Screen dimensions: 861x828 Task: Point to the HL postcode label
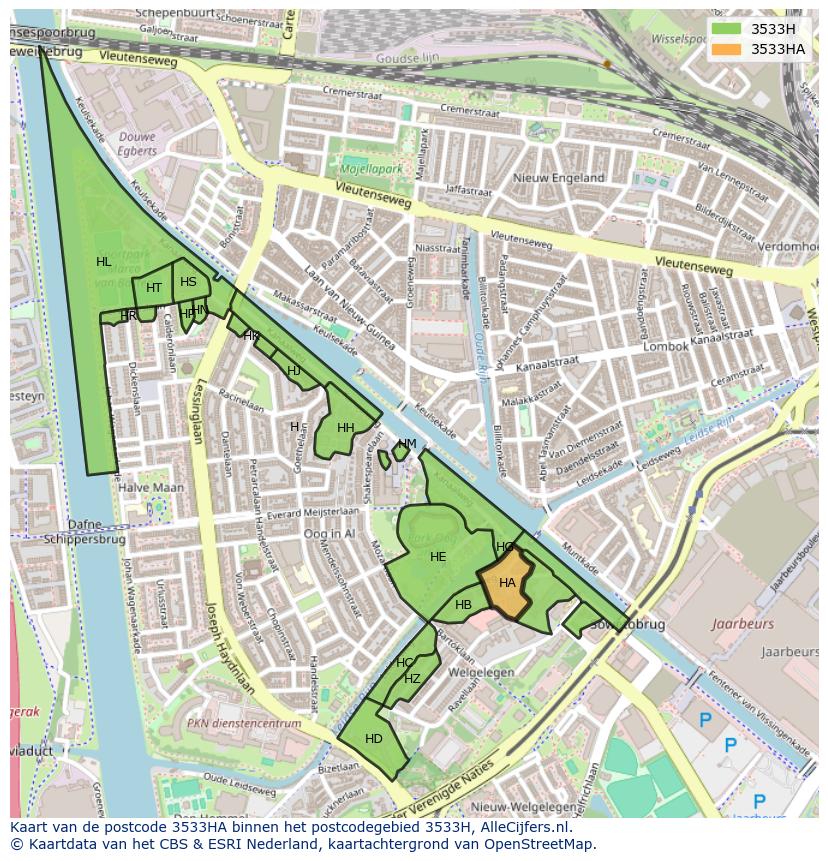(x=104, y=262)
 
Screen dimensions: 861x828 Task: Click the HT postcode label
(x=154, y=288)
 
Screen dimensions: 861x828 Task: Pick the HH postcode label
(x=346, y=428)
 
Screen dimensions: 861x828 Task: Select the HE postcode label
(x=438, y=557)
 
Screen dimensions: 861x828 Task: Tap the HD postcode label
(x=374, y=739)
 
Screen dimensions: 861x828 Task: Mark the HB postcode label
(x=463, y=605)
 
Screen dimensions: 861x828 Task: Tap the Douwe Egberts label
(x=138, y=143)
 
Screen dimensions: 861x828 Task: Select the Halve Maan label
(x=151, y=488)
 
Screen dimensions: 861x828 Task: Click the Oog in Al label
(x=329, y=535)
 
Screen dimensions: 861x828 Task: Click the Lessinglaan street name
(x=201, y=411)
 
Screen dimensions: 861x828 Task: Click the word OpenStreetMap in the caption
(x=542, y=844)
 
